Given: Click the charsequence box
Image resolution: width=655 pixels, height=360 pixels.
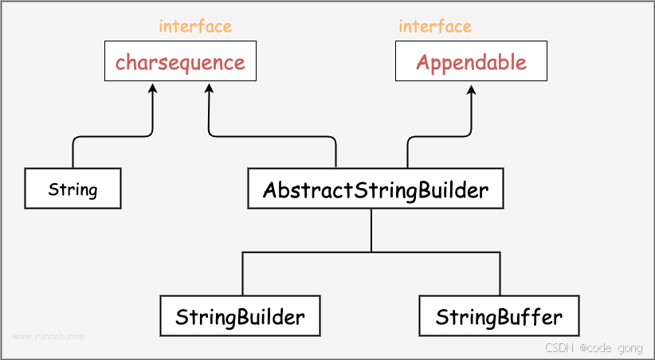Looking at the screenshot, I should point(180,62).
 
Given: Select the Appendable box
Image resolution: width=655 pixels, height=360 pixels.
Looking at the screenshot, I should point(471,62).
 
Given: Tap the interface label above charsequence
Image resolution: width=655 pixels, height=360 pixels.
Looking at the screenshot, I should point(195,26).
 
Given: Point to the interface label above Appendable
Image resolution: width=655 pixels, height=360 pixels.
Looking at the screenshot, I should point(435,26).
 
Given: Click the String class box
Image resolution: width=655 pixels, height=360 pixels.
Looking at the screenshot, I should point(73,190).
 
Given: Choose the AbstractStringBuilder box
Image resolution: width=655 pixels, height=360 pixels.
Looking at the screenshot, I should point(375,190).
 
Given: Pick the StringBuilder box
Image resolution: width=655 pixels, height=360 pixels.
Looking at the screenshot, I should point(240,317).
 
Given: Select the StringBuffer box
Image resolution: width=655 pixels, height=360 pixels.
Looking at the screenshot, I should point(499,317).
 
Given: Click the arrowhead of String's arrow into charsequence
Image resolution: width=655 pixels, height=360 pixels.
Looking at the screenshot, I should point(152,88).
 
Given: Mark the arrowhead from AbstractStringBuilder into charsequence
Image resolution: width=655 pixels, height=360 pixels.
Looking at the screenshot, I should point(209,88).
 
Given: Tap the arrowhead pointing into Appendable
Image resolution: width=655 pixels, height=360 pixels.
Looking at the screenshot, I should point(471,88).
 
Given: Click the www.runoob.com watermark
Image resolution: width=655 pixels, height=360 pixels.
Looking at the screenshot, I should point(49,336).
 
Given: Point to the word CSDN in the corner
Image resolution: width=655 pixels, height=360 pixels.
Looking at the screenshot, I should point(559,348).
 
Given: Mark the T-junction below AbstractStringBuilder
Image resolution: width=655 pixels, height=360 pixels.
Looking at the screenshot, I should point(371,252).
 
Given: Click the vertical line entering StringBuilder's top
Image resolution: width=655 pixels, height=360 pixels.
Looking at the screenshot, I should point(243,275).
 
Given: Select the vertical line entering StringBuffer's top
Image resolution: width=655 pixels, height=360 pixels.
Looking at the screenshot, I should point(500,275).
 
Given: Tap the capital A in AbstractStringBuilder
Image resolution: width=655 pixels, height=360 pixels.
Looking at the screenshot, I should point(270,190).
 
